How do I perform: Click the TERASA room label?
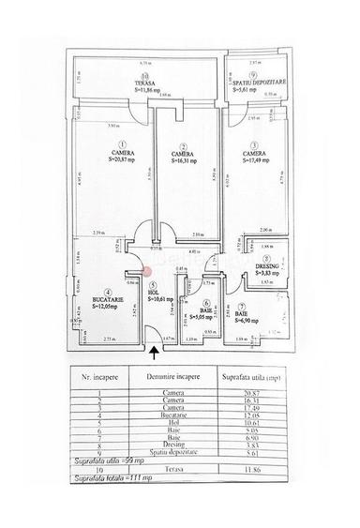click(142, 83)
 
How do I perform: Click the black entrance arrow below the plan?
click(155, 353)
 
